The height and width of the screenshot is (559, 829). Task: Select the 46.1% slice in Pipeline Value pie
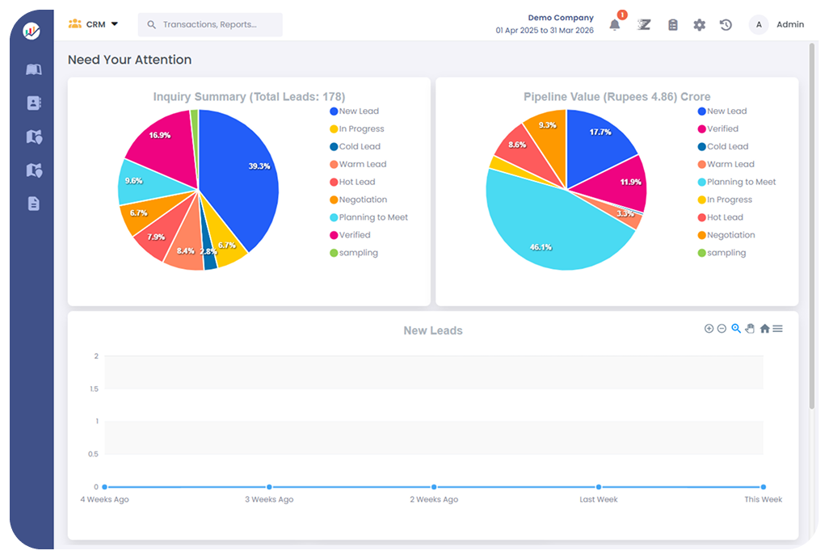(549, 234)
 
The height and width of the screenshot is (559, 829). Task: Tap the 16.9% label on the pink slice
(159, 136)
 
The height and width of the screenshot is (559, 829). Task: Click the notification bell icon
(615, 25)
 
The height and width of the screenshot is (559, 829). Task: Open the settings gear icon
(699, 25)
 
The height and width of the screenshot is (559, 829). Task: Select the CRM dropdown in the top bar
(94, 24)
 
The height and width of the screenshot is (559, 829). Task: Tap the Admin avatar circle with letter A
(759, 25)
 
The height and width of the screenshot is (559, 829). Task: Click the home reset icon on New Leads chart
(764, 329)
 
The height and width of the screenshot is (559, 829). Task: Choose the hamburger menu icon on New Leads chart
(777, 329)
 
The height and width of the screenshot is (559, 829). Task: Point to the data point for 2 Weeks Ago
(434, 487)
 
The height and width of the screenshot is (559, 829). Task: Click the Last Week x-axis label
(598, 500)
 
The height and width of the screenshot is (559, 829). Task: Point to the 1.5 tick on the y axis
(95, 389)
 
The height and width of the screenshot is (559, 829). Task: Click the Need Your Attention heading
(129, 60)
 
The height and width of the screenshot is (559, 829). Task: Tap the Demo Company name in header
(561, 18)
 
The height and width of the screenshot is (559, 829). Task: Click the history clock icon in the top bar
(726, 25)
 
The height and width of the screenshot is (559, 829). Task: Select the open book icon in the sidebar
(33, 69)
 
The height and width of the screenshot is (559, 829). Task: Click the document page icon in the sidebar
(33, 204)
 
